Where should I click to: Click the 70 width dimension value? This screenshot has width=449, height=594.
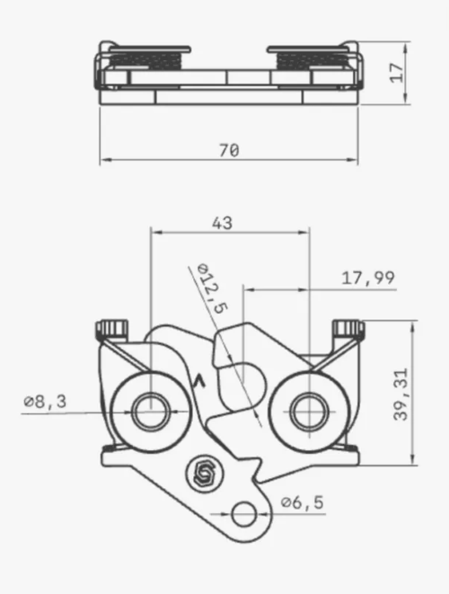click(x=229, y=150)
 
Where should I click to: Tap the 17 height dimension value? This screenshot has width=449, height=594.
click(x=397, y=72)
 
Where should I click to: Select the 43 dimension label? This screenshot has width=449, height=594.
click(x=222, y=223)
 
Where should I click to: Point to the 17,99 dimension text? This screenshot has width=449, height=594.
click(x=368, y=278)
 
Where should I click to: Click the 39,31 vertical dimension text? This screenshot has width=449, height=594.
click(x=401, y=395)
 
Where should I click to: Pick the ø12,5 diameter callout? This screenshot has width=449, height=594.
click(x=213, y=288)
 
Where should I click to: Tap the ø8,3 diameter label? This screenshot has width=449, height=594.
click(x=45, y=401)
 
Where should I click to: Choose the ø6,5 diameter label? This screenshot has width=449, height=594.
click(x=302, y=502)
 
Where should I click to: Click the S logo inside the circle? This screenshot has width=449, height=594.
click(x=205, y=473)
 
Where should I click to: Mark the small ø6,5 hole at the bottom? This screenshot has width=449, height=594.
click(x=243, y=514)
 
